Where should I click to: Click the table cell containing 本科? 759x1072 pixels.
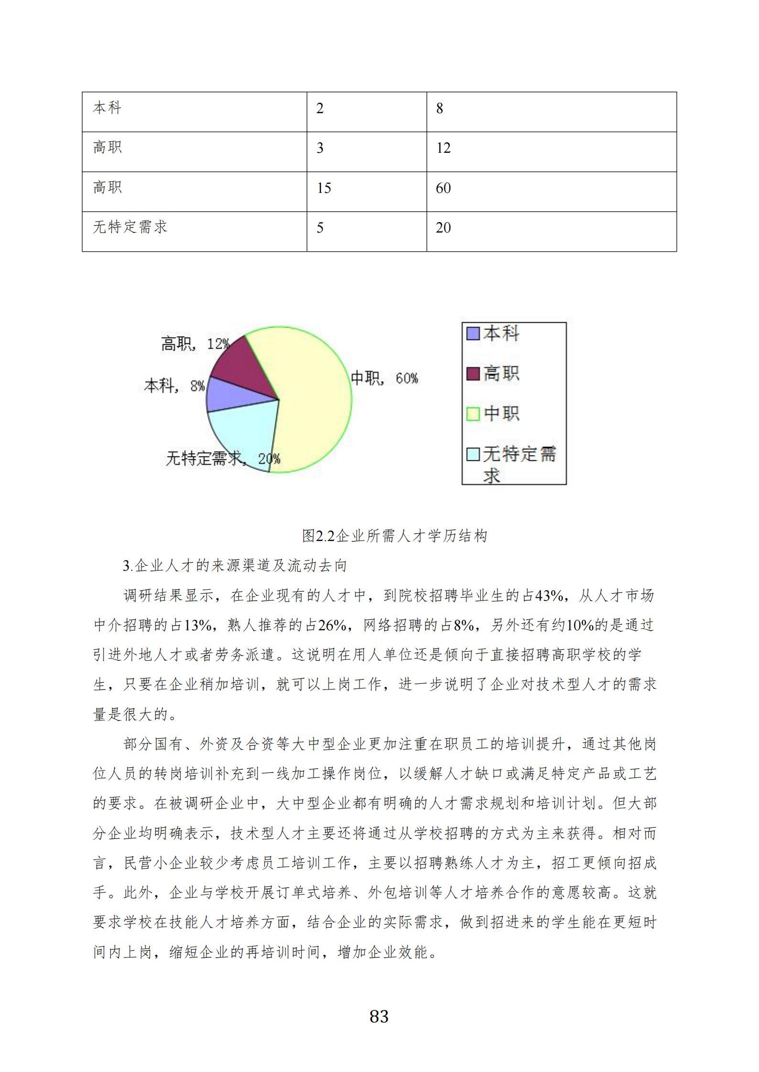tap(194, 112)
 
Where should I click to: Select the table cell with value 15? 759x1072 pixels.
tap(366, 191)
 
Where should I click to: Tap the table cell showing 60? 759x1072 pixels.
tap(551, 191)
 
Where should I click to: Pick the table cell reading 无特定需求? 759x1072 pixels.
tap(194, 231)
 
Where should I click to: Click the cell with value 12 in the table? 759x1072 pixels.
tap(551, 151)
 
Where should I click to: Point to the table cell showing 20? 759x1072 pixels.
tap(551, 231)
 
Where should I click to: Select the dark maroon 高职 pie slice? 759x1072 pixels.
tap(244, 368)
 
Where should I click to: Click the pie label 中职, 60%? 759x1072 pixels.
tap(384, 379)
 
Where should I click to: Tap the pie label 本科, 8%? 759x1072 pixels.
tap(174, 386)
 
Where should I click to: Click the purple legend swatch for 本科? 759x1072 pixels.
tap(473, 333)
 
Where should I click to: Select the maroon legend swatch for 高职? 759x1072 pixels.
tap(473, 373)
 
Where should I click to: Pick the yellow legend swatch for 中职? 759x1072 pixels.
tap(473, 414)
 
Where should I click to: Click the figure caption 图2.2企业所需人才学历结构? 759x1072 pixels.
tap(394, 536)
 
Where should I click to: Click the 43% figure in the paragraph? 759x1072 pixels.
tap(549, 595)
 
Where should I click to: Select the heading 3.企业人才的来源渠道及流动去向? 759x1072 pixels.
tap(235, 566)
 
